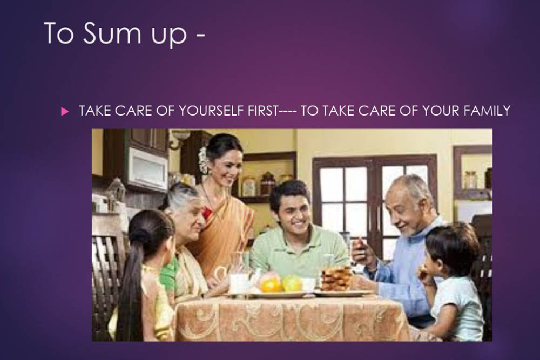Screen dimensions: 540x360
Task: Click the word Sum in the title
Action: pos(112,33)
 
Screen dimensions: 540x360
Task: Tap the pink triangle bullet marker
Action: pos(65,112)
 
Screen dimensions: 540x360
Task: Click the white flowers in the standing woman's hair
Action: pos(203,160)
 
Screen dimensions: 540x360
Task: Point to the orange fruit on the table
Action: pos(271,286)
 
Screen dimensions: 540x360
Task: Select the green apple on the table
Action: pos(292,283)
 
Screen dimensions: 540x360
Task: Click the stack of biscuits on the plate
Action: pos(336,279)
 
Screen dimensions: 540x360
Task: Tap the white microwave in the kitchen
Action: pos(148,168)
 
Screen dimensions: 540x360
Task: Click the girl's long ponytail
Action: pos(129,286)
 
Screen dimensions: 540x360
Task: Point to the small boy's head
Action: pos(451,245)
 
